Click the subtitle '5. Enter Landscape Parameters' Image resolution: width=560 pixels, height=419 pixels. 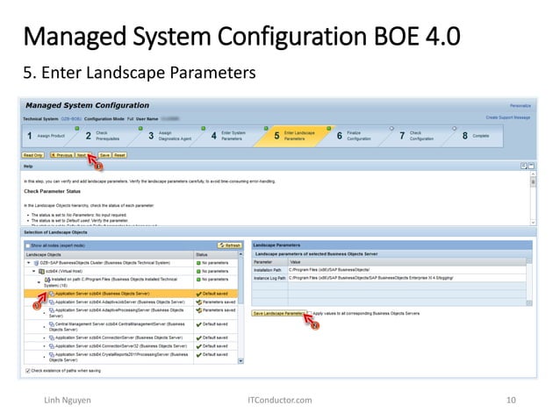click(x=139, y=72)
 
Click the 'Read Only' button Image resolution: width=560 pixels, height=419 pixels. click(x=33, y=154)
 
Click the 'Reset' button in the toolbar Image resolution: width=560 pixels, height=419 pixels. click(x=119, y=154)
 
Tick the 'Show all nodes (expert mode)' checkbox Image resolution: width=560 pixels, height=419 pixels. click(x=27, y=245)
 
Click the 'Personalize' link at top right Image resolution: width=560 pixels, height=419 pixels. click(x=520, y=106)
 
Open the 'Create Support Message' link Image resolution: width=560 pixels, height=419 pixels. click(x=508, y=117)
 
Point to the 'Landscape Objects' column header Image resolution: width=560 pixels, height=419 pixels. click(x=53, y=254)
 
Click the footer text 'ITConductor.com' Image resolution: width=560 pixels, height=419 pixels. click(x=280, y=400)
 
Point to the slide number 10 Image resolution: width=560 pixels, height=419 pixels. click(x=510, y=400)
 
